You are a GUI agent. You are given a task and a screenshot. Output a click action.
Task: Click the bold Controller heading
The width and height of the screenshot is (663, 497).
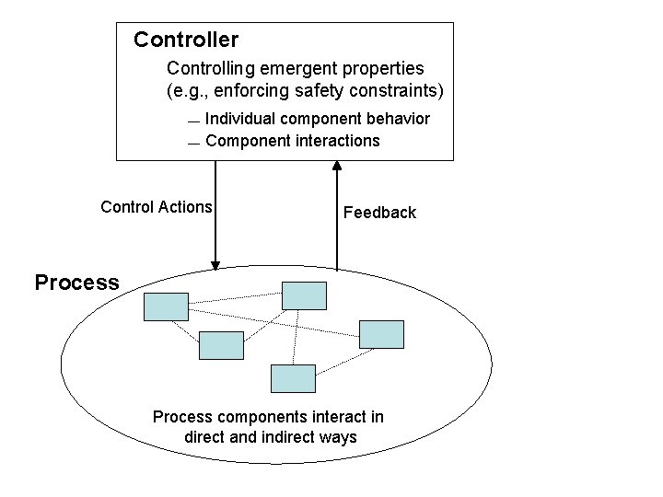point(186,40)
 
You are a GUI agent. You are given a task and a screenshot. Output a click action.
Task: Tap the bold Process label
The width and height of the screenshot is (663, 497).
point(76,283)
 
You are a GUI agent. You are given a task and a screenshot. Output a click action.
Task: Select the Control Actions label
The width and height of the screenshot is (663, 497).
point(157,207)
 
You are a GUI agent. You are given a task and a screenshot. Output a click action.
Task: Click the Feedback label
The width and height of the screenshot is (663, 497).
point(379,213)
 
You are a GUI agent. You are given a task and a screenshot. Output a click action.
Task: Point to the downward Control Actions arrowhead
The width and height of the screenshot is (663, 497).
point(215,264)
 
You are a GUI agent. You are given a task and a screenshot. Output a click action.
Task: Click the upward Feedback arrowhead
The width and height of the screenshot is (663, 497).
point(337,167)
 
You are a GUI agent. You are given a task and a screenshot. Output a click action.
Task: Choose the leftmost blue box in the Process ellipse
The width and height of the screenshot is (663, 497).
point(166,306)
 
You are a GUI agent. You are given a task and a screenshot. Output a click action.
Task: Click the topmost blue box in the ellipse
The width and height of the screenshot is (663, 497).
point(304,295)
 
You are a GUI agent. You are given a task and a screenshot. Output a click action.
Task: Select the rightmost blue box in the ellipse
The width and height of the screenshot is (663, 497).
point(381,334)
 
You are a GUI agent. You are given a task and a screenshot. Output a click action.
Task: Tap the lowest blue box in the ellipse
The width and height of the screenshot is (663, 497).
point(293,377)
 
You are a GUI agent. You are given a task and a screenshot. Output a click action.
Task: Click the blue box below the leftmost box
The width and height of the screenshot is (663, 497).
point(221,345)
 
